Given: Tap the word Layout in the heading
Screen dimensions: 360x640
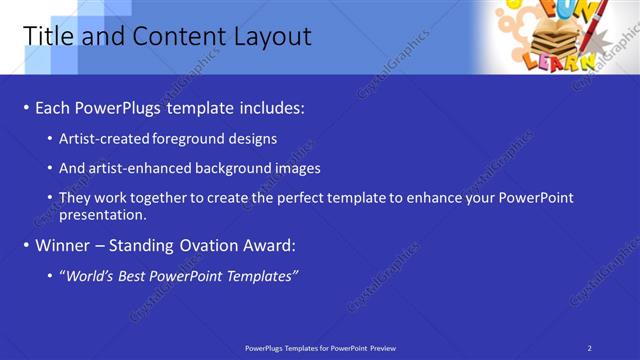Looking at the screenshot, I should (x=271, y=37).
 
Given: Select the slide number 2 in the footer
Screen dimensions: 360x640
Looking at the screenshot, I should (x=590, y=347).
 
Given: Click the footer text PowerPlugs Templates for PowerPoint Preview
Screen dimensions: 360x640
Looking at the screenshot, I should (x=320, y=347).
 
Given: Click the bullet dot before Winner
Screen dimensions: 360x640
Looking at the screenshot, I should (x=26, y=245).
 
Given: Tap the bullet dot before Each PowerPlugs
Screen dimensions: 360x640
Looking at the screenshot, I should (x=26, y=108).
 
